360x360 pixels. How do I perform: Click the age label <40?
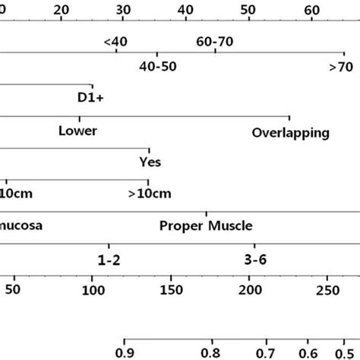tap(116, 41)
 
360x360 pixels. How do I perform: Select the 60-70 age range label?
tap(215, 41)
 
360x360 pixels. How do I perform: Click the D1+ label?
tap(92, 98)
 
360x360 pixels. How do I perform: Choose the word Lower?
tap(77, 131)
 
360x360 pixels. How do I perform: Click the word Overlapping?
tap(291, 132)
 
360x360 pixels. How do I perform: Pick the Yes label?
tap(150, 162)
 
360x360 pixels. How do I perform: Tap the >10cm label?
tap(150, 194)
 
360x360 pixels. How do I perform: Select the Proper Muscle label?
tap(206, 226)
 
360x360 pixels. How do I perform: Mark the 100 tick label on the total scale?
tap(92, 291)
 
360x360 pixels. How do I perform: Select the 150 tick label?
tap(172, 291)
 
